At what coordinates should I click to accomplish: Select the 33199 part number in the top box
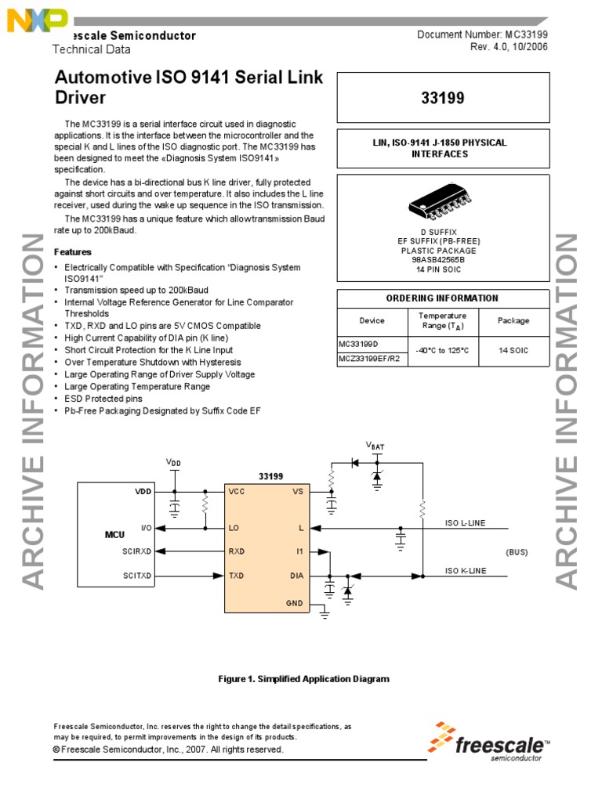(x=442, y=99)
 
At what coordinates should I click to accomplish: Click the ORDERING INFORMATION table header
(x=442, y=298)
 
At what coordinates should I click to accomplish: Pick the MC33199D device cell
(x=359, y=344)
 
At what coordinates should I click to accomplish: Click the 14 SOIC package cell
(x=513, y=351)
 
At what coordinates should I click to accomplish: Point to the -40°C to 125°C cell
(x=443, y=351)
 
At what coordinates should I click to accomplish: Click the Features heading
(x=72, y=252)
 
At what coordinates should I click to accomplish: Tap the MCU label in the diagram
(x=115, y=535)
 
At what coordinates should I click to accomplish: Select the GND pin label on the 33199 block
(x=294, y=603)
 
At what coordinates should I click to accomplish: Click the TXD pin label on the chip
(x=236, y=576)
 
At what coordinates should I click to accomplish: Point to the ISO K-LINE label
(x=466, y=571)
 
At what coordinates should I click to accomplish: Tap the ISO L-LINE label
(x=466, y=522)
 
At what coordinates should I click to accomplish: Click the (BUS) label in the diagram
(x=517, y=551)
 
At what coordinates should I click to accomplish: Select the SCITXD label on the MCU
(x=137, y=576)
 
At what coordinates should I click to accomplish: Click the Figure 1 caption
(x=303, y=679)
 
